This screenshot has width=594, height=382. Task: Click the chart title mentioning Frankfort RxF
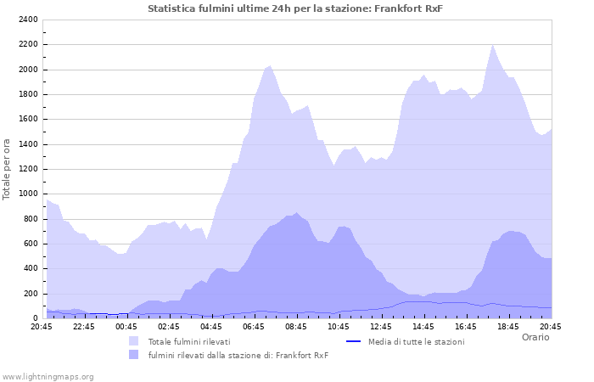[x=295, y=8]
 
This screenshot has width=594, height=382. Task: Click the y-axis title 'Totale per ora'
[x=8, y=169]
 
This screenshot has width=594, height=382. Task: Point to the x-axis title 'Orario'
[x=535, y=337]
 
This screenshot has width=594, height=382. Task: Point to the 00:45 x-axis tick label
[x=126, y=326]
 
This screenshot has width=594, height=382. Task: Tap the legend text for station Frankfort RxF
[x=238, y=355]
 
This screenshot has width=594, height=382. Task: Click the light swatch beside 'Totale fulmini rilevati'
[x=134, y=341]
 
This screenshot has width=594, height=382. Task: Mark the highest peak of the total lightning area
[x=492, y=45]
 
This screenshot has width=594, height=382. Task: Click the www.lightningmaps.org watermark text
[x=48, y=376]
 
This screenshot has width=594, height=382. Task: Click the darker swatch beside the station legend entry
[x=134, y=355]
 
